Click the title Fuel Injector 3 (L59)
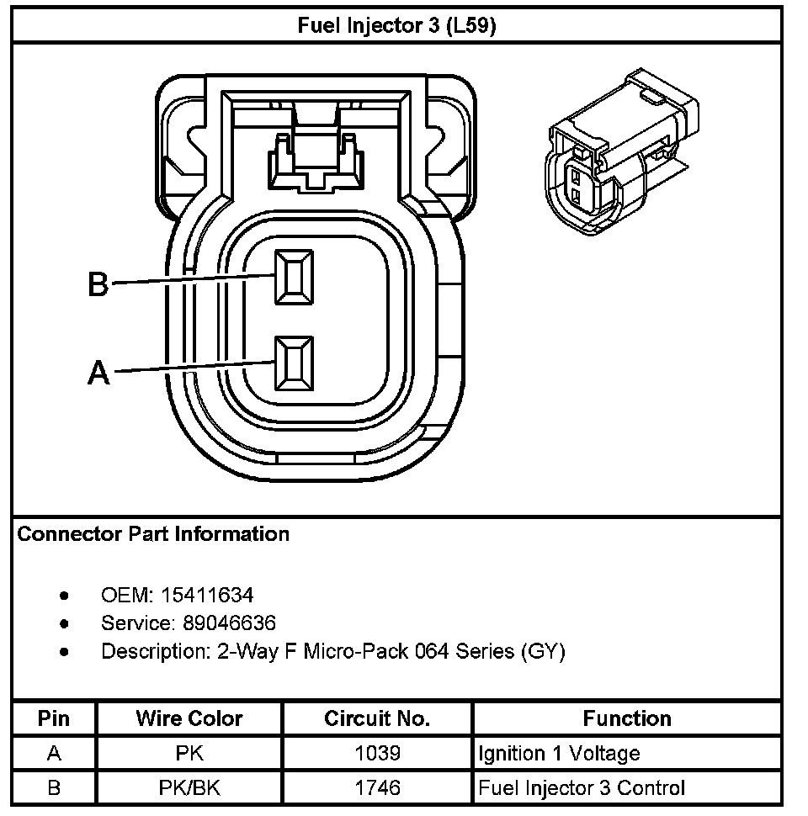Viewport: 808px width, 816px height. coord(397,25)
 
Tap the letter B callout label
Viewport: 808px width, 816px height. coord(98,285)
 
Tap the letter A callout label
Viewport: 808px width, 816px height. coord(98,372)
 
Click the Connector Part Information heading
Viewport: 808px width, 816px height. coord(153,534)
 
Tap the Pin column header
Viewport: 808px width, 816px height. coord(54,718)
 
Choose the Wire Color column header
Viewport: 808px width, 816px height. coord(189,718)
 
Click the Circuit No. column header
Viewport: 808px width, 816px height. coord(377,718)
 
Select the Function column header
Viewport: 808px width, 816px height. coord(627,718)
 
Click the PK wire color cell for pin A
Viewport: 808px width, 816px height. coord(189,754)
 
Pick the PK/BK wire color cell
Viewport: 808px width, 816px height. coord(189,788)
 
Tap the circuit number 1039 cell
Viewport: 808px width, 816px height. coord(377,754)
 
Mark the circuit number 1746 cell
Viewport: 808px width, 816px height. coord(377,788)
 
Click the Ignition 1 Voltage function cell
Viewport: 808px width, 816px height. coord(559,754)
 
